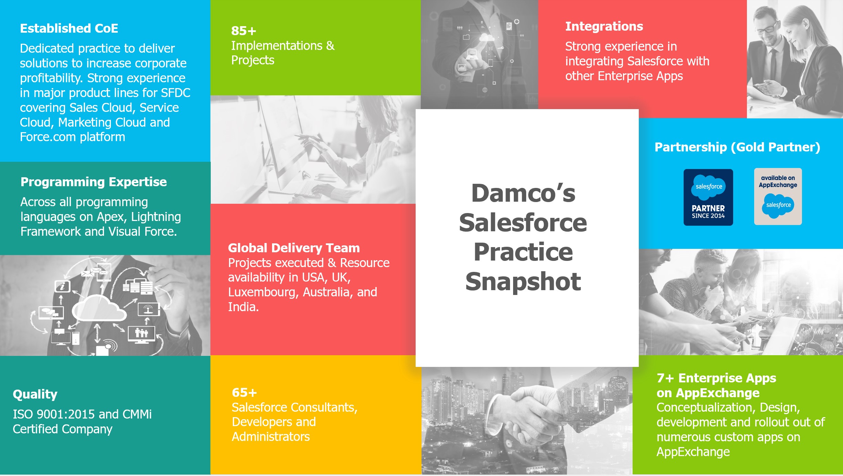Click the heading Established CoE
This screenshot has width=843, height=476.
69,28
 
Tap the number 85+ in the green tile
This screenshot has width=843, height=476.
243,31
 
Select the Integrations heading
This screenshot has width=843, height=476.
604,26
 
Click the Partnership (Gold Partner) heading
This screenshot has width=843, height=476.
737,147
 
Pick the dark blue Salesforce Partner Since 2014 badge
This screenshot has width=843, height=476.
708,197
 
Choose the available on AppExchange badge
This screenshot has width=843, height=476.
778,197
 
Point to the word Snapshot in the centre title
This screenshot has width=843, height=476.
523,282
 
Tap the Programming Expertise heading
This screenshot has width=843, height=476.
93,182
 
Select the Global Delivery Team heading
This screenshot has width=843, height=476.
294,248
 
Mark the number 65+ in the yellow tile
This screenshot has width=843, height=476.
244,392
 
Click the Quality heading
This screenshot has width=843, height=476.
35,394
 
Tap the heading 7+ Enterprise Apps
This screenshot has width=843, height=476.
716,378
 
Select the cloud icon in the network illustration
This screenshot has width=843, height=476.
98,308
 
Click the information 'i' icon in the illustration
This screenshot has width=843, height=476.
63,286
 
